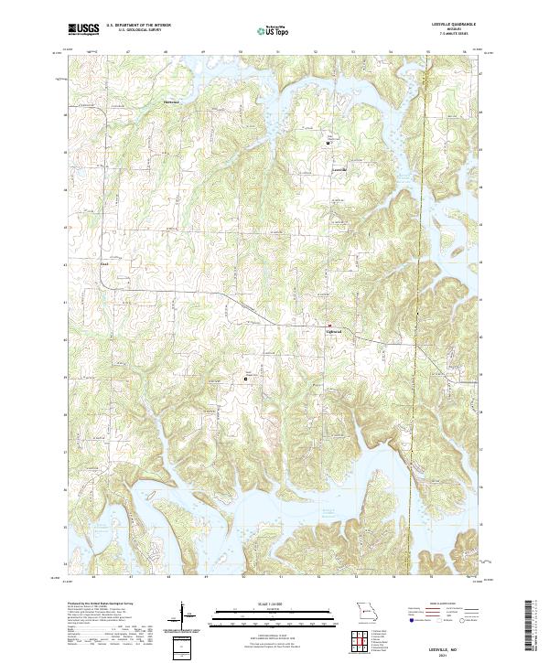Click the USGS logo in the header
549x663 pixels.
(83, 29)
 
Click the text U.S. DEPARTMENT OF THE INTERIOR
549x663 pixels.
(137, 26)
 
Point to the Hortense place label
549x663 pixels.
(171, 102)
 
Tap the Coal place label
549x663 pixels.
(104, 266)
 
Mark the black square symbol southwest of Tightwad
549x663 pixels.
(245, 378)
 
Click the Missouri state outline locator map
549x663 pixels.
(365, 610)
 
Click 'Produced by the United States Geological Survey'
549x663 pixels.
(101, 604)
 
